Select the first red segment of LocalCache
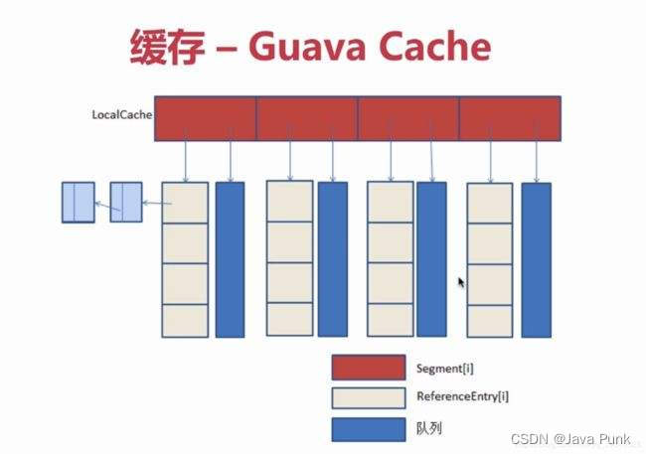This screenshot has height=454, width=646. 206,118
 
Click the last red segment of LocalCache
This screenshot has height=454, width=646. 509,118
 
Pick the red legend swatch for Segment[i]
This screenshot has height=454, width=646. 368,367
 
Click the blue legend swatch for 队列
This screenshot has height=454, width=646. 368,429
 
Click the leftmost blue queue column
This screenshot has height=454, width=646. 230,258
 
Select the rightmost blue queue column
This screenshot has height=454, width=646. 536,258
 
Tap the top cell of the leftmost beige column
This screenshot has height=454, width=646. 185,204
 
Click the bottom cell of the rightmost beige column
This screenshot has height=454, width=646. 490,319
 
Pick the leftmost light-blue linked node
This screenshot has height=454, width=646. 79,202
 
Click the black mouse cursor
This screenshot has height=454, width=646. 461,283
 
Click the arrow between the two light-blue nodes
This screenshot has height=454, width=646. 102,204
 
